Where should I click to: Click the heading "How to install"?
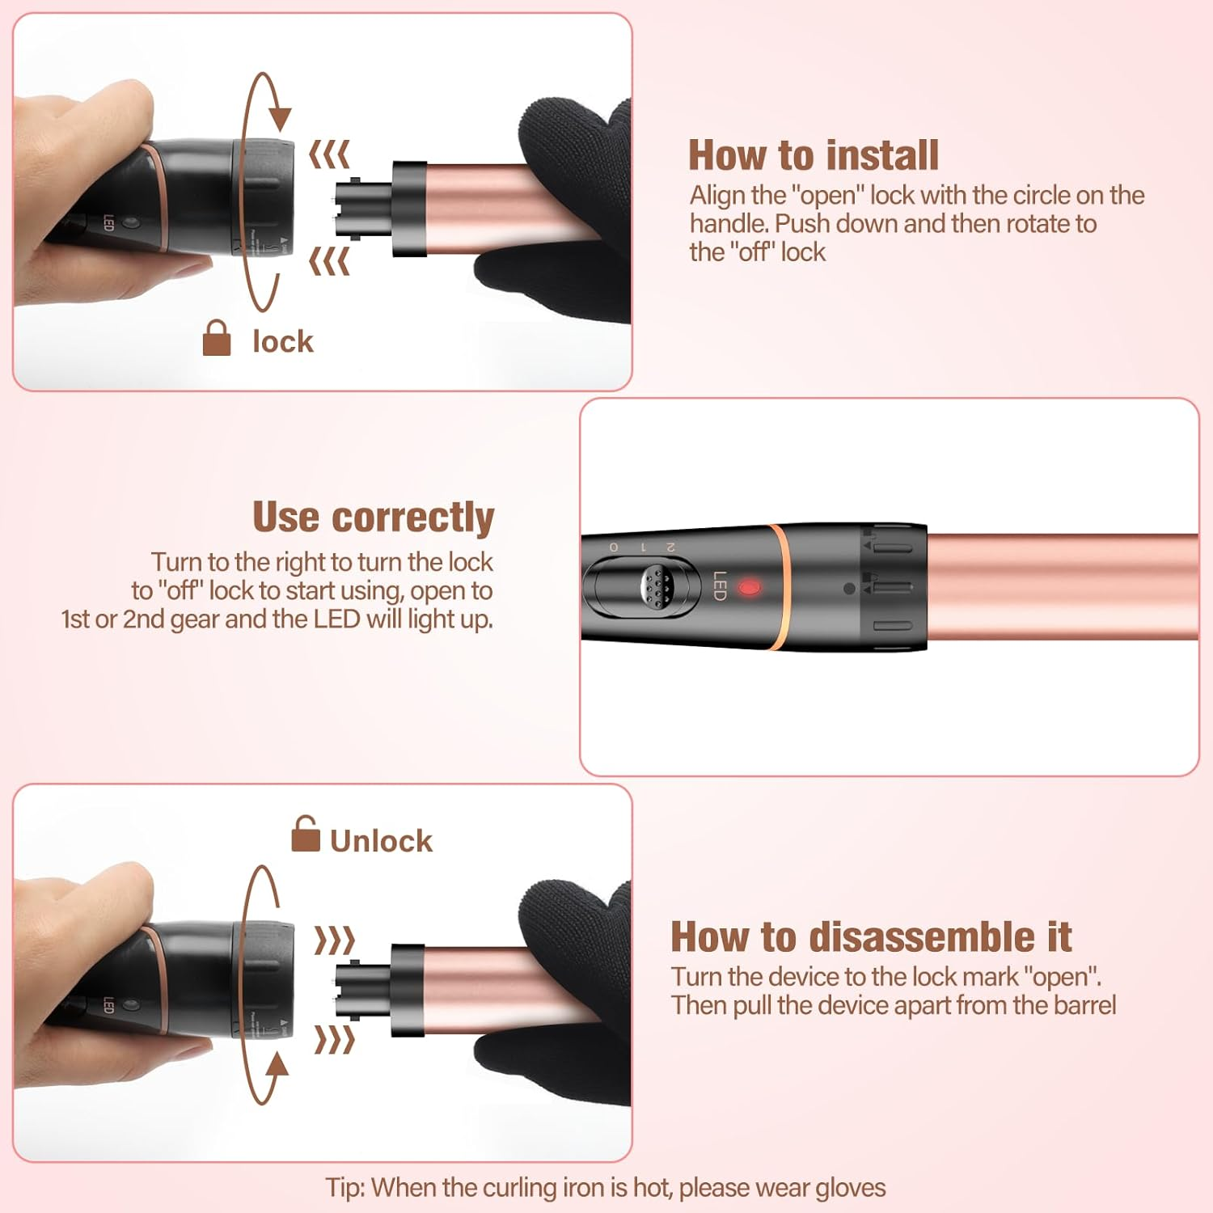813,155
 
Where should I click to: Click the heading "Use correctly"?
373,518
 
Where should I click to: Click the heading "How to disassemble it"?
871,937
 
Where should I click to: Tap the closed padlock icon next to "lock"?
216,338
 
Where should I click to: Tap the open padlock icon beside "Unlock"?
305,835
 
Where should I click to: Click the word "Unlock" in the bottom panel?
381,841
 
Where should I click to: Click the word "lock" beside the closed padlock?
282,342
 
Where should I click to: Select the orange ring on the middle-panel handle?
776,587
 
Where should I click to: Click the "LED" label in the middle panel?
719,585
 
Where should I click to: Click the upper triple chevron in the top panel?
329,154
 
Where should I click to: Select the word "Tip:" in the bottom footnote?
345,1187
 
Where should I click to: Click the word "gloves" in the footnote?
850,1187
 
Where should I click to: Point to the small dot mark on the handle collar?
848,589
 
